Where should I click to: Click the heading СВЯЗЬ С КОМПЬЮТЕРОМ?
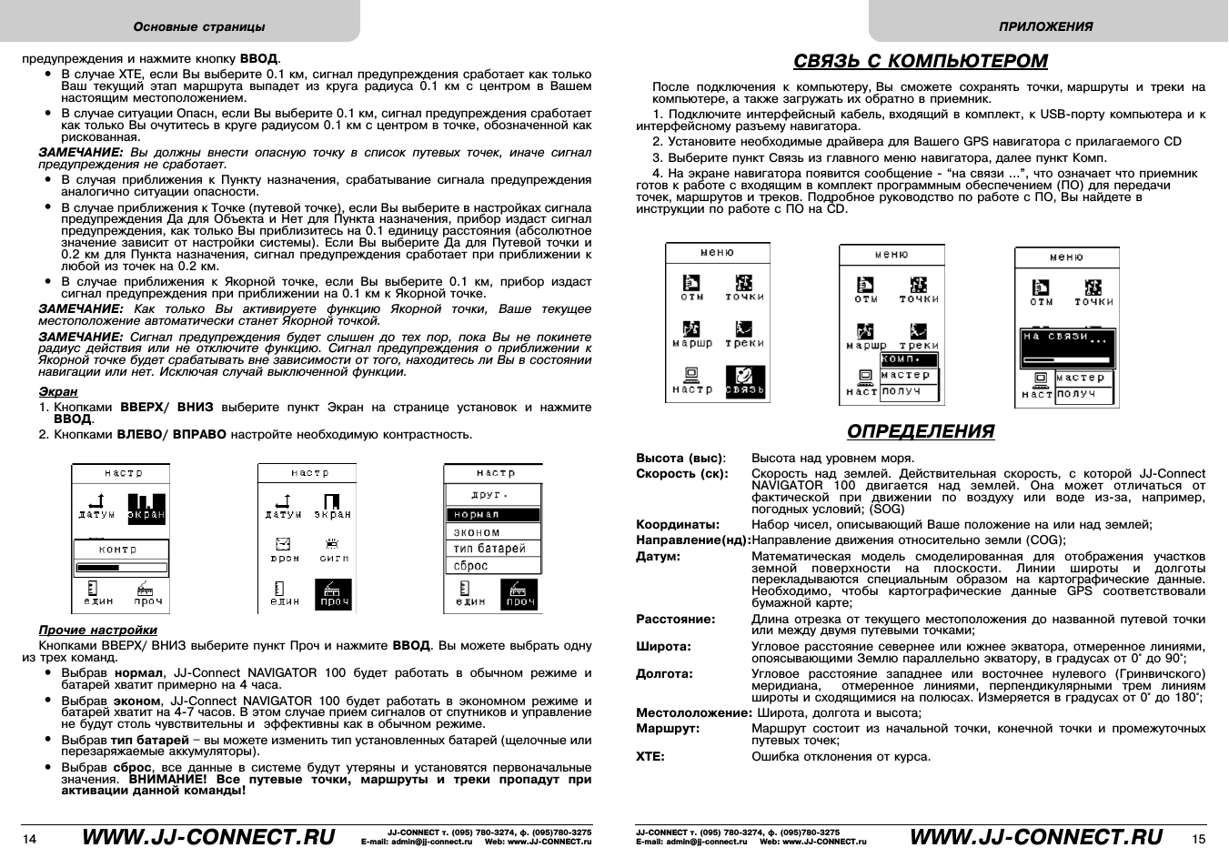click(920, 61)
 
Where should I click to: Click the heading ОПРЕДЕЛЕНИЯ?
click(920, 431)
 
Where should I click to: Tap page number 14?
click(30, 839)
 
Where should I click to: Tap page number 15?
click(1198, 839)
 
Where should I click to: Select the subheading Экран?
click(57, 391)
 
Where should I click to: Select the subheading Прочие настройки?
click(97, 630)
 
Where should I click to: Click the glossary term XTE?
click(650, 756)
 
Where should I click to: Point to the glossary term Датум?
click(658, 556)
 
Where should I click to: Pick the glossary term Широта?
click(663, 646)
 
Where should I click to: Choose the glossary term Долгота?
click(664, 673)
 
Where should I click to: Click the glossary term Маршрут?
click(668, 729)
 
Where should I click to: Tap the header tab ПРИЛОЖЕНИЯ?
click(1045, 26)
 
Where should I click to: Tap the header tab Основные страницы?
click(199, 26)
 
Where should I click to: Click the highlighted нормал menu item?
click(492, 515)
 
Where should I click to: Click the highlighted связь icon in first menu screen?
click(745, 381)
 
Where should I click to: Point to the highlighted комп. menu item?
click(907, 359)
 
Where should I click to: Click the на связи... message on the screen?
click(1065, 338)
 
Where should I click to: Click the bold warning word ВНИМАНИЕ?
click(167, 780)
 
